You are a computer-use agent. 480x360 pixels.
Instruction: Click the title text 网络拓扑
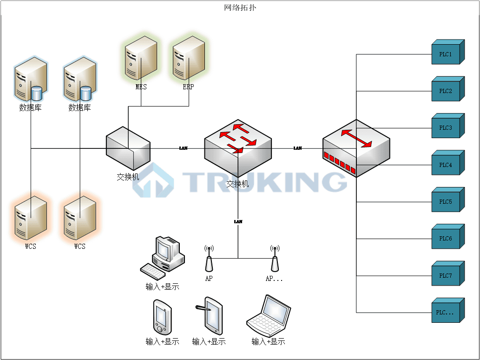tap(240, 7)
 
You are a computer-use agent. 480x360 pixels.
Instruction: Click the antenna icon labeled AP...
tap(209, 259)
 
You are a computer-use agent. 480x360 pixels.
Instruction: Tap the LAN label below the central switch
tap(238, 222)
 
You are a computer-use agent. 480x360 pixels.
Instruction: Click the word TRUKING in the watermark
tap(265, 182)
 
